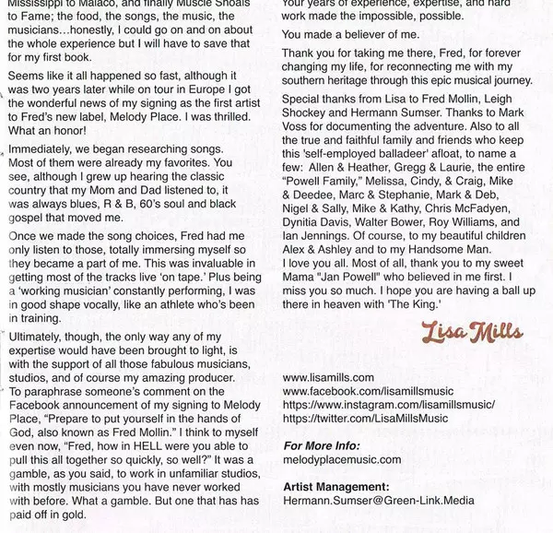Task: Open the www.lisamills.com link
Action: (328, 377)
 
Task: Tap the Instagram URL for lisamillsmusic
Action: (389, 405)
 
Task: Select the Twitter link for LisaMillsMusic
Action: (367, 419)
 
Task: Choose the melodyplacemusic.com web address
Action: (342, 459)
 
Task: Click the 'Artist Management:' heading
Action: (336, 487)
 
